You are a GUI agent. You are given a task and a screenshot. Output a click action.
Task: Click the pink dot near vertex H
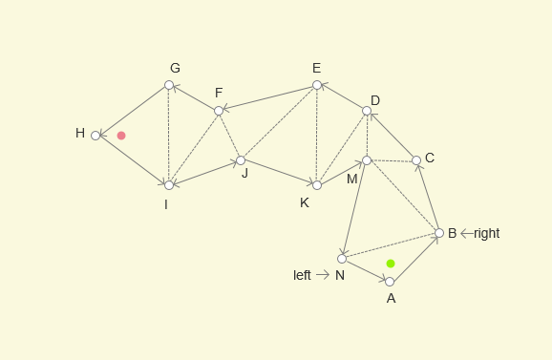pyautogui.click(x=121, y=136)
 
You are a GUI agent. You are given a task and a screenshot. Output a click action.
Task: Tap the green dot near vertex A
pyautogui.click(x=391, y=264)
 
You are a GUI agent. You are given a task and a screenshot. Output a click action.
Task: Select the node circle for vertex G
pyautogui.click(x=169, y=85)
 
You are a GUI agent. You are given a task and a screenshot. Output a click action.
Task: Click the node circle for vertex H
pyautogui.click(x=96, y=136)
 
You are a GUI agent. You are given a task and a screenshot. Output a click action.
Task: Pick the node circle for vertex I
pyautogui.click(x=169, y=185)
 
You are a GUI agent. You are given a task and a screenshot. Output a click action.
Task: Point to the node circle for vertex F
pyautogui.click(x=219, y=111)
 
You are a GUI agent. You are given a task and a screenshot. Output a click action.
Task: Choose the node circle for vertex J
pyautogui.click(x=241, y=160)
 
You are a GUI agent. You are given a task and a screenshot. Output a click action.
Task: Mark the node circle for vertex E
pyautogui.click(x=317, y=85)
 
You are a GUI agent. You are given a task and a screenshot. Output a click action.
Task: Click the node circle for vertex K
pyautogui.click(x=317, y=185)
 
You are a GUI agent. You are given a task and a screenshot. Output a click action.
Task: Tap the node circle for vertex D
pyautogui.click(x=367, y=111)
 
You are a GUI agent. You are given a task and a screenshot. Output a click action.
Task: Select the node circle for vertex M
pyautogui.click(x=367, y=160)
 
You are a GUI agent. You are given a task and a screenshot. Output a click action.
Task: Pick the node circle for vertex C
pyautogui.click(x=416, y=160)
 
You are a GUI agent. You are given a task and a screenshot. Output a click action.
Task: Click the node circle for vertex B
pyautogui.click(x=439, y=233)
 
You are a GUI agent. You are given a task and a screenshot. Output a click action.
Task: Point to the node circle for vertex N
pyautogui.click(x=342, y=259)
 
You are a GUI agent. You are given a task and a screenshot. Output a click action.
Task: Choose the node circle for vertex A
pyautogui.click(x=390, y=282)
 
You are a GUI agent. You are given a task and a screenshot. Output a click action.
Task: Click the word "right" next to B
pyautogui.click(x=486, y=233)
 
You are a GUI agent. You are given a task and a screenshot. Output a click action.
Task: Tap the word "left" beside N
pyautogui.click(x=303, y=275)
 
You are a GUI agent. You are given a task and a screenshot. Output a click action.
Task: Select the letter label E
pyautogui.click(x=317, y=68)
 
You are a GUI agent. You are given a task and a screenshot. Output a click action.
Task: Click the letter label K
pyautogui.click(x=305, y=202)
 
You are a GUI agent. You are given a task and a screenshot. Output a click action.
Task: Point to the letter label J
pyautogui.click(x=244, y=173)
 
